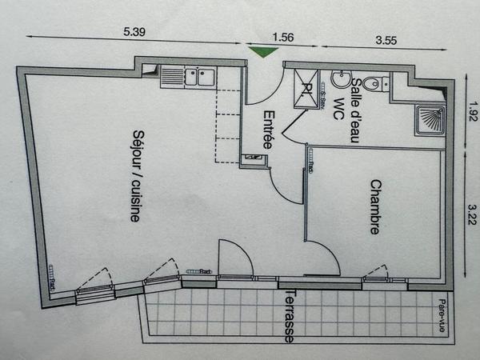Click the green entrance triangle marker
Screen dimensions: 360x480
pos(263,52)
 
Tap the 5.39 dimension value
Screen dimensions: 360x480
pos(134,32)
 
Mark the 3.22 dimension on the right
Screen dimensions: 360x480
pos(470,216)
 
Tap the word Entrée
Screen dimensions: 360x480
pos(267,130)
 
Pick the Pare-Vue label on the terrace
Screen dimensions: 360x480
pos(442,314)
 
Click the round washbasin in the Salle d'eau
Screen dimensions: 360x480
pos(339,81)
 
